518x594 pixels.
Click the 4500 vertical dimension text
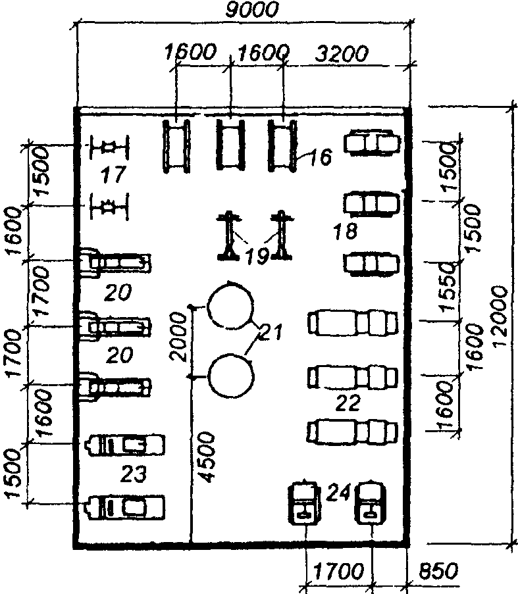point(207,458)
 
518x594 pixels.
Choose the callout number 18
point(345,231)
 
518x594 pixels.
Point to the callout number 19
point(257,256)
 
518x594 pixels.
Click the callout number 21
point(270,334)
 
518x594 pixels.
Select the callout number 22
point(348,403)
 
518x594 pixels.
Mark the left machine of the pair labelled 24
point(305,503)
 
